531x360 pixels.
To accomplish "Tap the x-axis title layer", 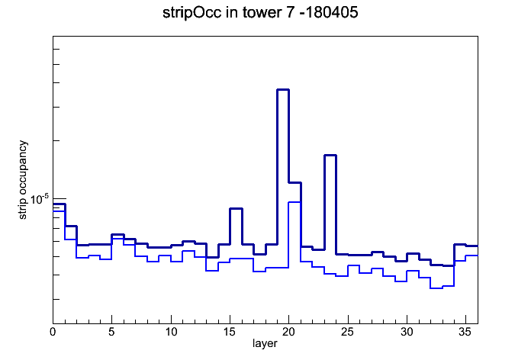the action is coord(265,343).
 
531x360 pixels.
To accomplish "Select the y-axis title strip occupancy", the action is coord(23,180).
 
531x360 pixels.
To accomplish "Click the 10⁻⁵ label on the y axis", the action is coord(39,199).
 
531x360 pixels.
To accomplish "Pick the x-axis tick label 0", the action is coord(53,332).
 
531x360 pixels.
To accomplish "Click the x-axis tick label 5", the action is coord(111,332).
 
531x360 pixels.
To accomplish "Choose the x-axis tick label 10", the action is coord(171,332).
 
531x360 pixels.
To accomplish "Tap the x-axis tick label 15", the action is coord(230,332).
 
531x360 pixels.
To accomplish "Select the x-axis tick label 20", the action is coord(288,332).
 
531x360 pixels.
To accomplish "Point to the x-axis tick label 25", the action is coord(347,332).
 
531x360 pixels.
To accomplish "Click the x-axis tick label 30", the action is coord(407,332).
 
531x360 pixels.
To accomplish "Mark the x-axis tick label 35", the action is coord(465,332).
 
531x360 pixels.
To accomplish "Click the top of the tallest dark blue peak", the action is coord(283,90).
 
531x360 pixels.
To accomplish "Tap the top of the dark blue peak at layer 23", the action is coord(330,155).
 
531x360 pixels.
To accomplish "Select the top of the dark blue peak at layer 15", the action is coord(236,209).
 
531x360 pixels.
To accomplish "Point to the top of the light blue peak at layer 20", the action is coord(294,202).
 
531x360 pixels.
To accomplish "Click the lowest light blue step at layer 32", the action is coord(436,288).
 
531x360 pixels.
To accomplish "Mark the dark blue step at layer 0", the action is coord(59,204).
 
